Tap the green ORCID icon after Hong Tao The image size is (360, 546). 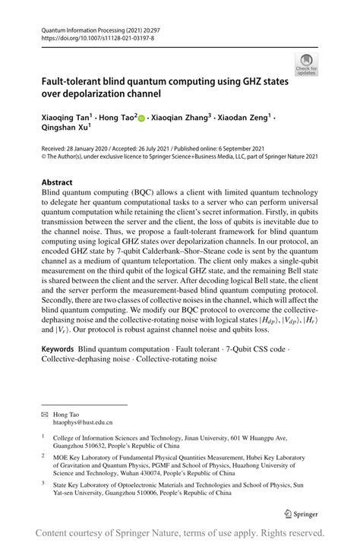point(141,118)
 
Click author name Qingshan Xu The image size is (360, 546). point(64,131)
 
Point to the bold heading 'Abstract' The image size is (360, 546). point(58,182)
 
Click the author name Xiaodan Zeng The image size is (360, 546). point(244,118)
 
